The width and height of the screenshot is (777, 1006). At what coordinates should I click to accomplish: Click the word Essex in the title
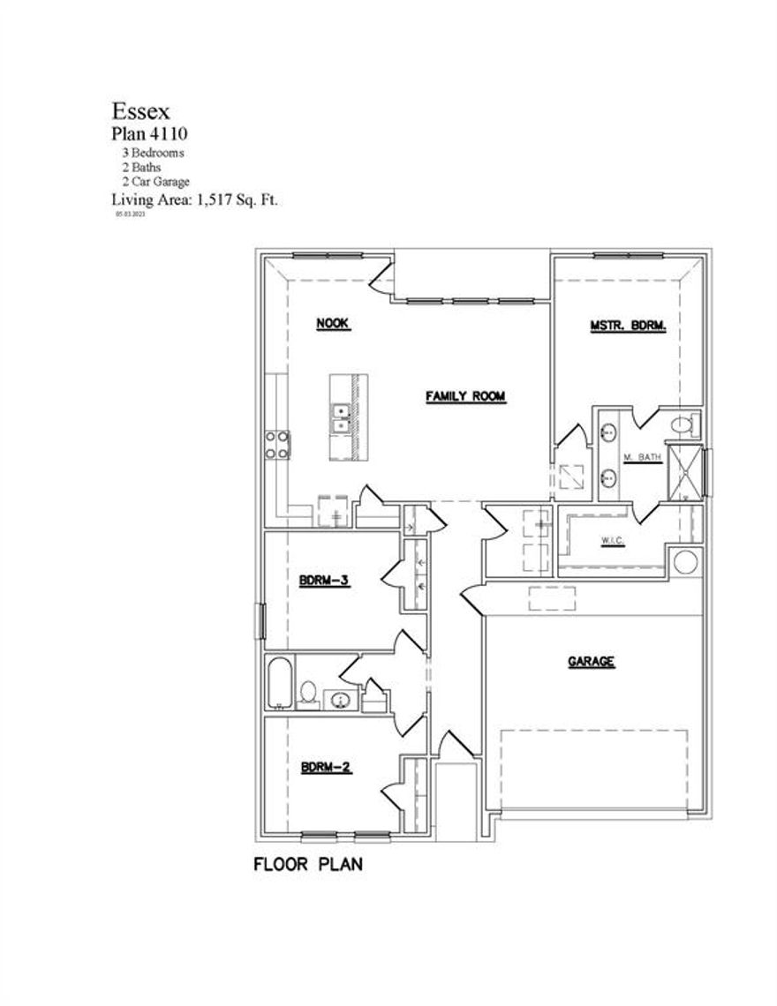(140, 111)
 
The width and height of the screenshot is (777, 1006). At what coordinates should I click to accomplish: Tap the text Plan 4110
(148, 134)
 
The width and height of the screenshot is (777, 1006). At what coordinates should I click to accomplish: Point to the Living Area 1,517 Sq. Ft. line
(194, 199)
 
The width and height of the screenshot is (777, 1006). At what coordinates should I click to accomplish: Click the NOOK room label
(334, 325)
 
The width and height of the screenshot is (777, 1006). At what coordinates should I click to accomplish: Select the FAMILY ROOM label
(465, 397)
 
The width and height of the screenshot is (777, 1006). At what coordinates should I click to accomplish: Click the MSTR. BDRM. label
(628, 327)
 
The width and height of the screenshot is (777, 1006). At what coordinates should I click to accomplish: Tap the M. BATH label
(643, 457)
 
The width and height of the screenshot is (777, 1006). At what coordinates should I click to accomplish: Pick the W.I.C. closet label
(613, 540)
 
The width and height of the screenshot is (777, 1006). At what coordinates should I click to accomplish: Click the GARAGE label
(591, 661)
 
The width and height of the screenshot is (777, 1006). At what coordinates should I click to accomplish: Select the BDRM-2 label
(326, 768)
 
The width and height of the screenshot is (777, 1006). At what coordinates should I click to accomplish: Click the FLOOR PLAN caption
(308, 864)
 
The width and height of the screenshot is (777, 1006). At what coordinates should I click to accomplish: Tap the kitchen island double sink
(339, 418)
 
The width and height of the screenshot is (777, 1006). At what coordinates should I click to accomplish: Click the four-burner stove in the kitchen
(277, 444)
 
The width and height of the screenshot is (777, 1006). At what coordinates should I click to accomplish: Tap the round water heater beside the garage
(684, 562)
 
